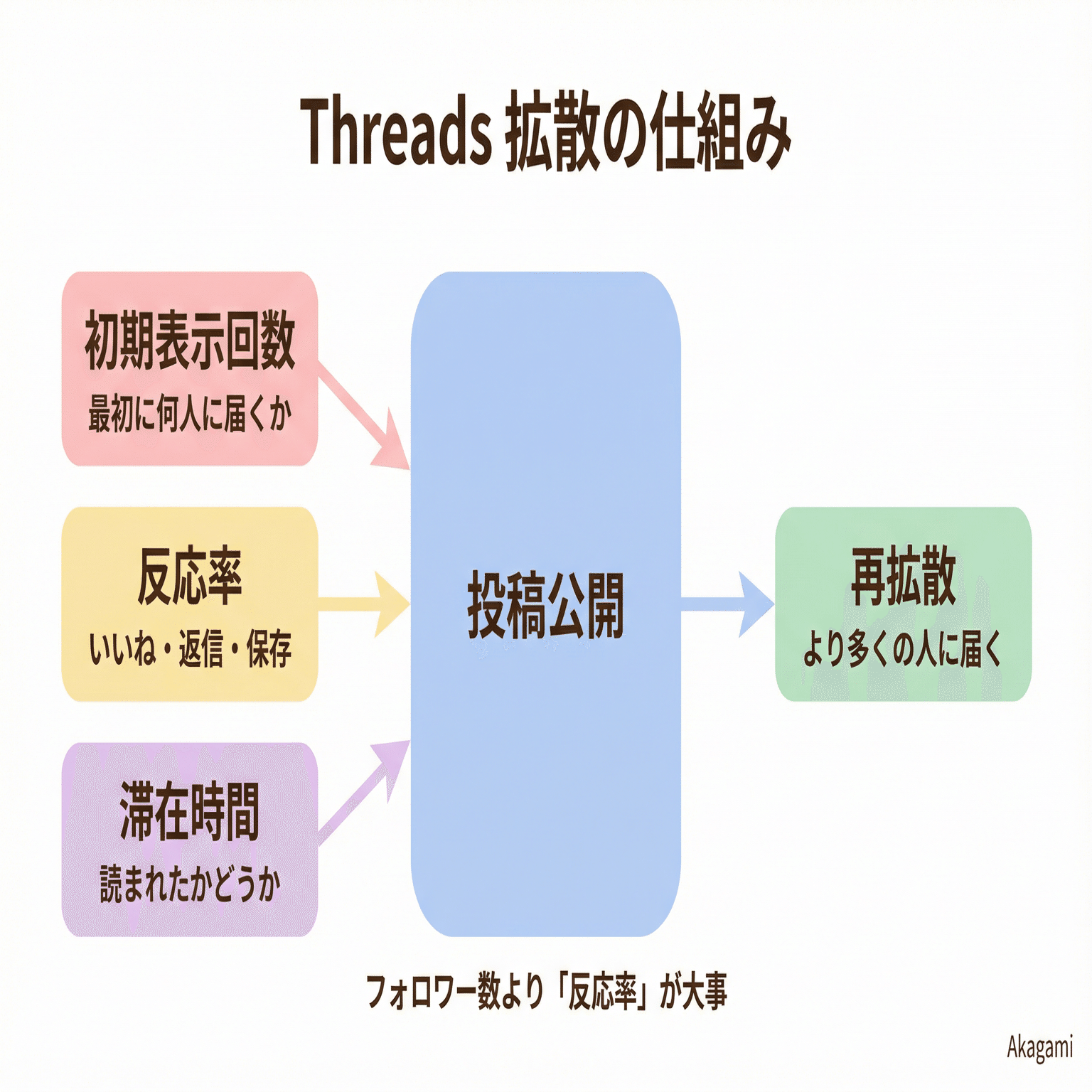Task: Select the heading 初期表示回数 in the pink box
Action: tap(190, 340)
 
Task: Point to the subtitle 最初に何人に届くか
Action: tap(190, 414)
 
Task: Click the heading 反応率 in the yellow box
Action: tap(190, 576)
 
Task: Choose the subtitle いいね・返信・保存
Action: tap(190, 648)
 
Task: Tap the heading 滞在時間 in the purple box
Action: tap(190, 811)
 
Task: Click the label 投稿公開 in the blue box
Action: tap(545, 605)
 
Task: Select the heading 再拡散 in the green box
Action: tap(903, 576)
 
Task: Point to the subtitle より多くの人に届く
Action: tap(903, 648)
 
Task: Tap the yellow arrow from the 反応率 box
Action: tap(366, 604)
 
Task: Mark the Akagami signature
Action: tap(1039, 1047)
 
